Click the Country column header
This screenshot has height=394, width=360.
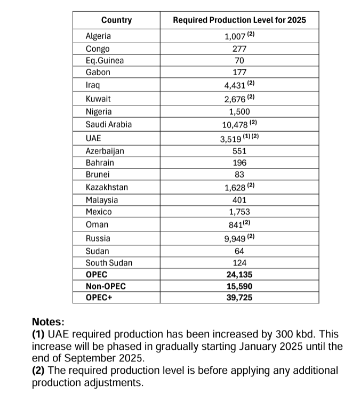116,20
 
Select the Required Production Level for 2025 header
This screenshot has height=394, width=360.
239,20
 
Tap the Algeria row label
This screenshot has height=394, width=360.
98,36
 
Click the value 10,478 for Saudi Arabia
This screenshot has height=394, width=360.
236,125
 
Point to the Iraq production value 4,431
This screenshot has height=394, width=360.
235,85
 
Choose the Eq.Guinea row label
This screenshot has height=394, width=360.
105,60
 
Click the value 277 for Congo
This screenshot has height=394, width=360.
239,49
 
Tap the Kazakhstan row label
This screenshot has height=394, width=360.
107,187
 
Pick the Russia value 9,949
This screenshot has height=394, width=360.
235,238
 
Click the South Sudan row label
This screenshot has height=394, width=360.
109,263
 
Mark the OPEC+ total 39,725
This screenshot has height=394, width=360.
239,297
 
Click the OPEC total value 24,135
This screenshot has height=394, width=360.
239,275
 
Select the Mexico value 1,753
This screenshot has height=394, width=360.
239,212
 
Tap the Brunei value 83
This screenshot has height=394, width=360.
239,174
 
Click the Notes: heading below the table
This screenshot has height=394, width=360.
48,322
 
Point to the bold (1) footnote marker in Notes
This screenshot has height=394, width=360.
39,334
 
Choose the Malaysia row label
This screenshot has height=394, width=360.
102,200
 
